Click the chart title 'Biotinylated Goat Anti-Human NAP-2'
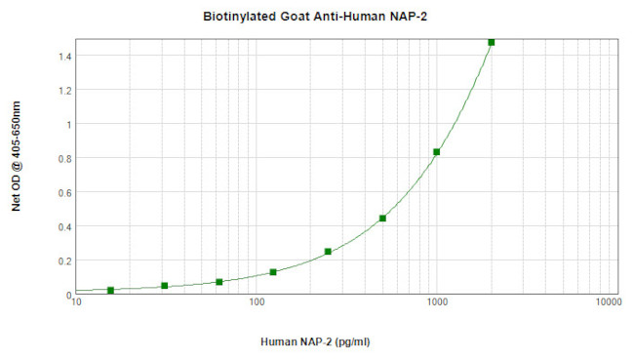tap(317, 17)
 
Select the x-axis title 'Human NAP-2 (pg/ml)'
tap(316, 342)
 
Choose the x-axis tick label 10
tap(76, 303)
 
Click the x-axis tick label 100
tap(257, 303)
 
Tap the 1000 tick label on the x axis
tap(436, 303)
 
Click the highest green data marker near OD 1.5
tap(491, 42)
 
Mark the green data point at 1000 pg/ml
tap(436, 152)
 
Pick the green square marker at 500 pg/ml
tap(382, 219)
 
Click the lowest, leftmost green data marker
tap(110, 290)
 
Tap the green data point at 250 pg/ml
tap(328, 252)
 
